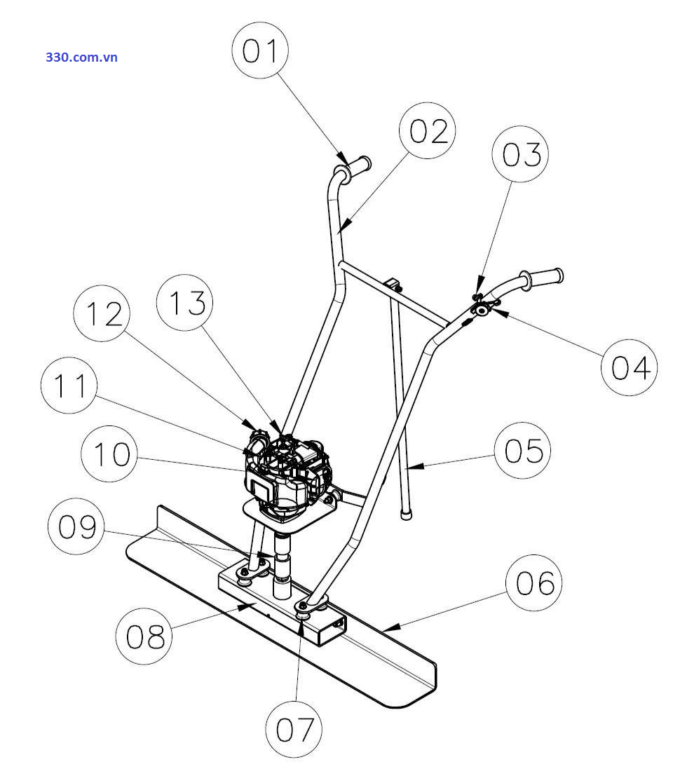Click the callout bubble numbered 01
coord(261,51)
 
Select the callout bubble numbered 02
coord(428,131)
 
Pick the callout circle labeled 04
coord(630,367)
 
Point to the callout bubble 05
coord(523,450)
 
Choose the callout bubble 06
coord(534,583)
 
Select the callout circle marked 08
coord(144,636)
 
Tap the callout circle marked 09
coord(76,526)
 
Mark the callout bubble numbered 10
coord(110,454)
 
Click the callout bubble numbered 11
coord(69,386)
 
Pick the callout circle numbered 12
coord(102,313)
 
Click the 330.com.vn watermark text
coord(82,57)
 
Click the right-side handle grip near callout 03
coord(546,277)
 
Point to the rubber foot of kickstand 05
coord(405,514)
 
